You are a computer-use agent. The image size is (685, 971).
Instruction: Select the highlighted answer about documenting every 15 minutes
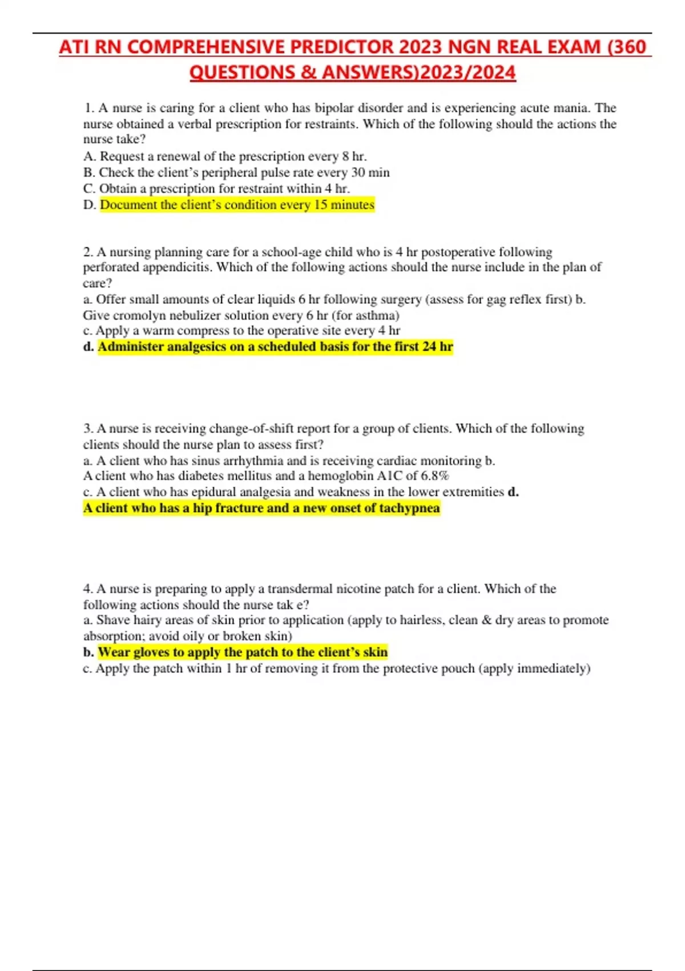(x=237, y=204)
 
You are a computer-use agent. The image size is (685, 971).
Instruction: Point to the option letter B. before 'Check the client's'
(x=89, y=172)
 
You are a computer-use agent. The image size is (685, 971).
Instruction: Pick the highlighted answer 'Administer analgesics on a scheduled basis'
(x=275, y=347)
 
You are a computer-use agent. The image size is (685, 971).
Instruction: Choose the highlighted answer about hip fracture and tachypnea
(x=261, y=508)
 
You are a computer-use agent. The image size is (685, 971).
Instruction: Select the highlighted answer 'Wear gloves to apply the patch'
(x=243, y=652)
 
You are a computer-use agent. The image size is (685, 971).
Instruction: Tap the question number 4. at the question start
(x=88, y=589)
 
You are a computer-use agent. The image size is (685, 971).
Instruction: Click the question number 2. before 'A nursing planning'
(x=88, y=252)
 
